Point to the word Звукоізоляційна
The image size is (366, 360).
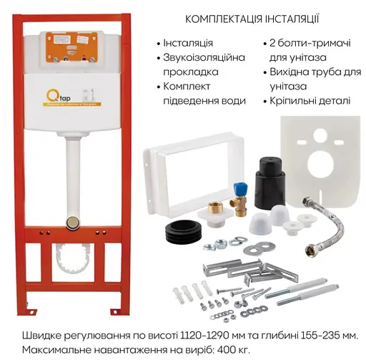click(204, 58)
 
